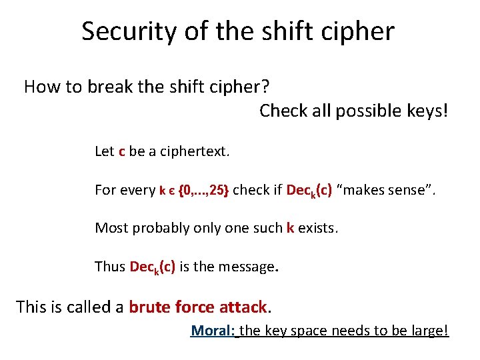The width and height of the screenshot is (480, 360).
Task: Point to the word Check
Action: point(284,111)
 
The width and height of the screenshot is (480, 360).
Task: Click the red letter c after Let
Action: point(121,151)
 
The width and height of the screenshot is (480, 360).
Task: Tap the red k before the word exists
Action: point(290,228)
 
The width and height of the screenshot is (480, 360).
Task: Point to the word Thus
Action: point(110,267)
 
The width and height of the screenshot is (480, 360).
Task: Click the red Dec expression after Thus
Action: point(153,267)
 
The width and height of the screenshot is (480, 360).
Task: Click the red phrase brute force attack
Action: point(198,307)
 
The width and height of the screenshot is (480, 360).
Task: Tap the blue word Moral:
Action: point(213,331)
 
